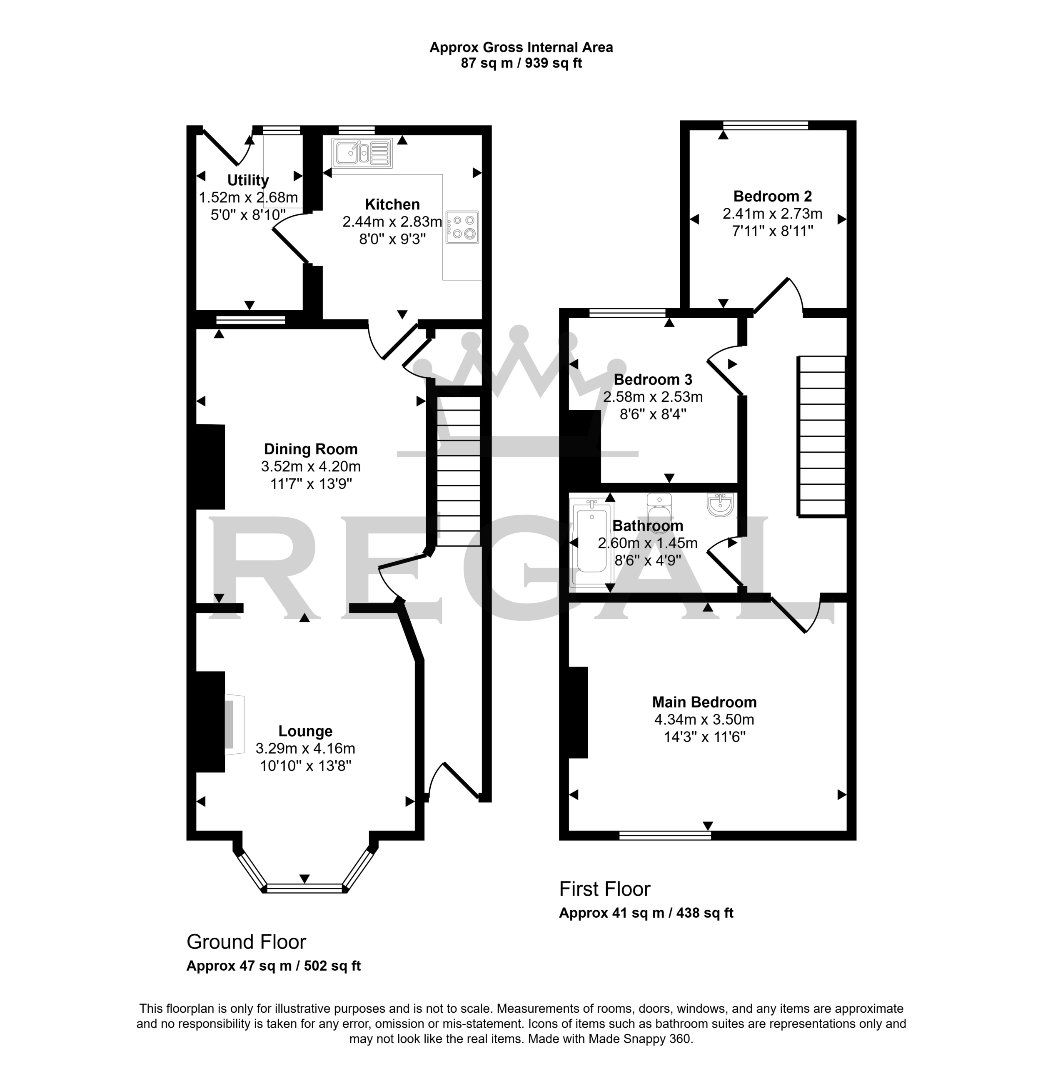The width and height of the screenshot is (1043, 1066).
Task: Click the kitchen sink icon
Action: pos(362,153)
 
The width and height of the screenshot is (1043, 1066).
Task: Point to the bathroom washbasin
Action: pos(720,505)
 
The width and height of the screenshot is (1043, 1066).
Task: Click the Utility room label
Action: pos(248,180)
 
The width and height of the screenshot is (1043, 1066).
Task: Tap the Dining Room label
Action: pos(311,449)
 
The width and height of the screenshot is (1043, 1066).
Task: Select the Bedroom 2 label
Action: pos(772,196)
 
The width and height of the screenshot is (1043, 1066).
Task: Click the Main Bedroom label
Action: pos(704,702)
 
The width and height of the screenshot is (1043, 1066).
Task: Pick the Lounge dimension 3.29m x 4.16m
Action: pos(305,748)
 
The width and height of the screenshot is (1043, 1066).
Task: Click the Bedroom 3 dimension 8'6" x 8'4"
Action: pos(653,414)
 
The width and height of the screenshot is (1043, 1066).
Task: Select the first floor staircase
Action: pos(822,436)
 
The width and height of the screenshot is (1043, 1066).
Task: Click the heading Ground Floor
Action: pos(247,942)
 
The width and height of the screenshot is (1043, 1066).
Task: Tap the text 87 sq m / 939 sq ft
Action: pos(521,63)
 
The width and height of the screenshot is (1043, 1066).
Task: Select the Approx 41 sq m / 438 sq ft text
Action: pos(646,913)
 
